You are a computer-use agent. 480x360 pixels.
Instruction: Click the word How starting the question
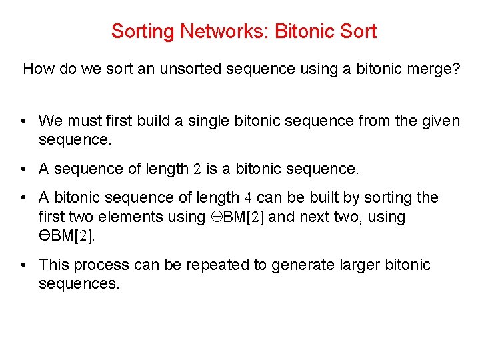(37, 69)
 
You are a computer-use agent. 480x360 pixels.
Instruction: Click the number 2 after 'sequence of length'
(197, 169)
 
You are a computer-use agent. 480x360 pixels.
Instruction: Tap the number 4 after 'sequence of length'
(247, 198)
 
